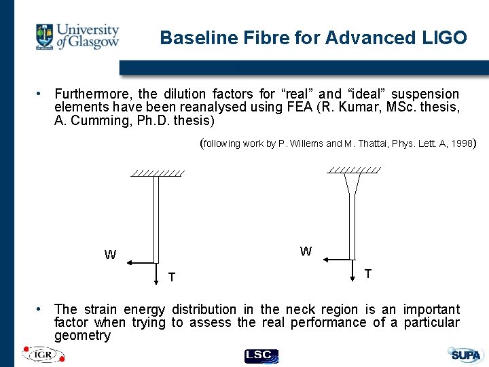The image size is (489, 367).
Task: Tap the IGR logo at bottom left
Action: coord(43,354)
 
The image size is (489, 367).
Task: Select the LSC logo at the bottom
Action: coord(261,355)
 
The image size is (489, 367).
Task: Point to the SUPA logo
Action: coord(465,354)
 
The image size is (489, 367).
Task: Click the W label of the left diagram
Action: coord(110,256)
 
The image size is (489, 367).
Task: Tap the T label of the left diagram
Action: coord(172,277)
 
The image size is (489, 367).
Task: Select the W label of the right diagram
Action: coord(306,251)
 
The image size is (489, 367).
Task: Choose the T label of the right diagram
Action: coord(367,273)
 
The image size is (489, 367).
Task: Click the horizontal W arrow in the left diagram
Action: coord(143,262)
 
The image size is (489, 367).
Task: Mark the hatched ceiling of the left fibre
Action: coord(158,173)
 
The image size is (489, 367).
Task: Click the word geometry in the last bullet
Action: coord(82,336)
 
